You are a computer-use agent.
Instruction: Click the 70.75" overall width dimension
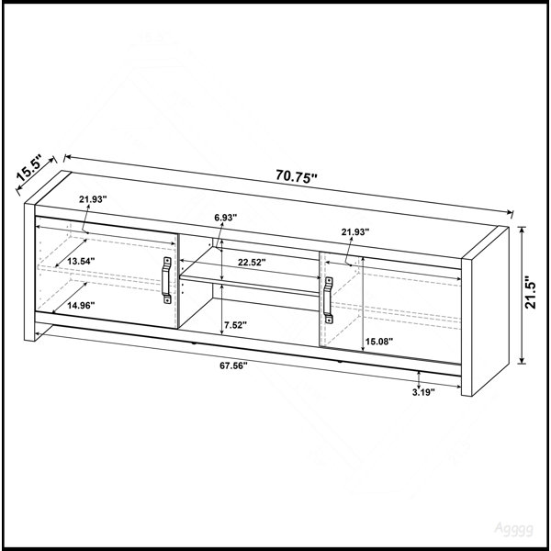(x=297, y=175)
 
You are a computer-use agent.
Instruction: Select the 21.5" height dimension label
(x=531, y=295)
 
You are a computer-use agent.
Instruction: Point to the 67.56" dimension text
(x=233, y=365)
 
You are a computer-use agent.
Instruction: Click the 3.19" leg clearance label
(x=423, y=392)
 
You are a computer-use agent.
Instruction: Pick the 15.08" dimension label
(x=378, y=342)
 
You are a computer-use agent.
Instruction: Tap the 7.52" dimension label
(x=235, y=325)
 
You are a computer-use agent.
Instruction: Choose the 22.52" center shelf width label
(x=252, y=262)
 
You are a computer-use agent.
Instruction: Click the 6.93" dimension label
(x=226, y=218)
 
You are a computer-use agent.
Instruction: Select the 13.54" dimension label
(x=81, y=261)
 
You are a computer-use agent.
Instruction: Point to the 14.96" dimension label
(x=81, y=306)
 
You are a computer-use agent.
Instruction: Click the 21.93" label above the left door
(x=93, y=199)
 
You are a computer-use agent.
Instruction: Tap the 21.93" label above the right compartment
(x=355, y=232)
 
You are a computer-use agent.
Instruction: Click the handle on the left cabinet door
(x=166, y=280)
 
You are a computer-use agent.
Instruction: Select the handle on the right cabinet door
(x=328, y=299)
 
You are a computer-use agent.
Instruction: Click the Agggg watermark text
(x=513, y=529)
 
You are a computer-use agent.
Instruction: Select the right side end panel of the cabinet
(x=485, y=311)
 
